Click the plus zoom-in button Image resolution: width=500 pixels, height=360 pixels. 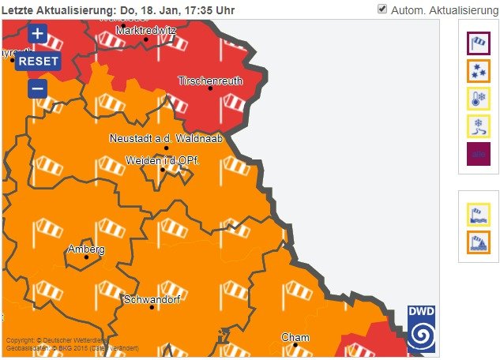coord(37,34)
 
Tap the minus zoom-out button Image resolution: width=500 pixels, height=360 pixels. coord(37,88)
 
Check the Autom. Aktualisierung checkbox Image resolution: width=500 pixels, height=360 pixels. coord(382,9)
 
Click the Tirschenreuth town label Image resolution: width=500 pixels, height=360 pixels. coord(210,81)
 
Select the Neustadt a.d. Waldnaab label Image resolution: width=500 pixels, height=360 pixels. coord(166,138)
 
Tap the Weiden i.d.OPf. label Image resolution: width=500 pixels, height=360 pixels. coord(162,160)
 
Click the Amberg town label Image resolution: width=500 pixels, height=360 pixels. coord(86,249)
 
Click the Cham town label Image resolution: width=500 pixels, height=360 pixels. coord(295,337)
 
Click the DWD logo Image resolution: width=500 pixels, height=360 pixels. coord(421,328)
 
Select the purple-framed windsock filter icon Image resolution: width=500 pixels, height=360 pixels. coord(479,43)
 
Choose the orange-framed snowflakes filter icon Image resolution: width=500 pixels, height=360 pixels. coord(479,70)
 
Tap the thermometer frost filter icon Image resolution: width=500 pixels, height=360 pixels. coord(479,98)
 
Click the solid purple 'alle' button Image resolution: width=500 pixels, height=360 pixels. coord(479,154)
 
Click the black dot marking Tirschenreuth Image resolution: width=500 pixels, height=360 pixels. coord(210,88)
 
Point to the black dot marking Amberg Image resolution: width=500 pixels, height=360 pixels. coord(87,257)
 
